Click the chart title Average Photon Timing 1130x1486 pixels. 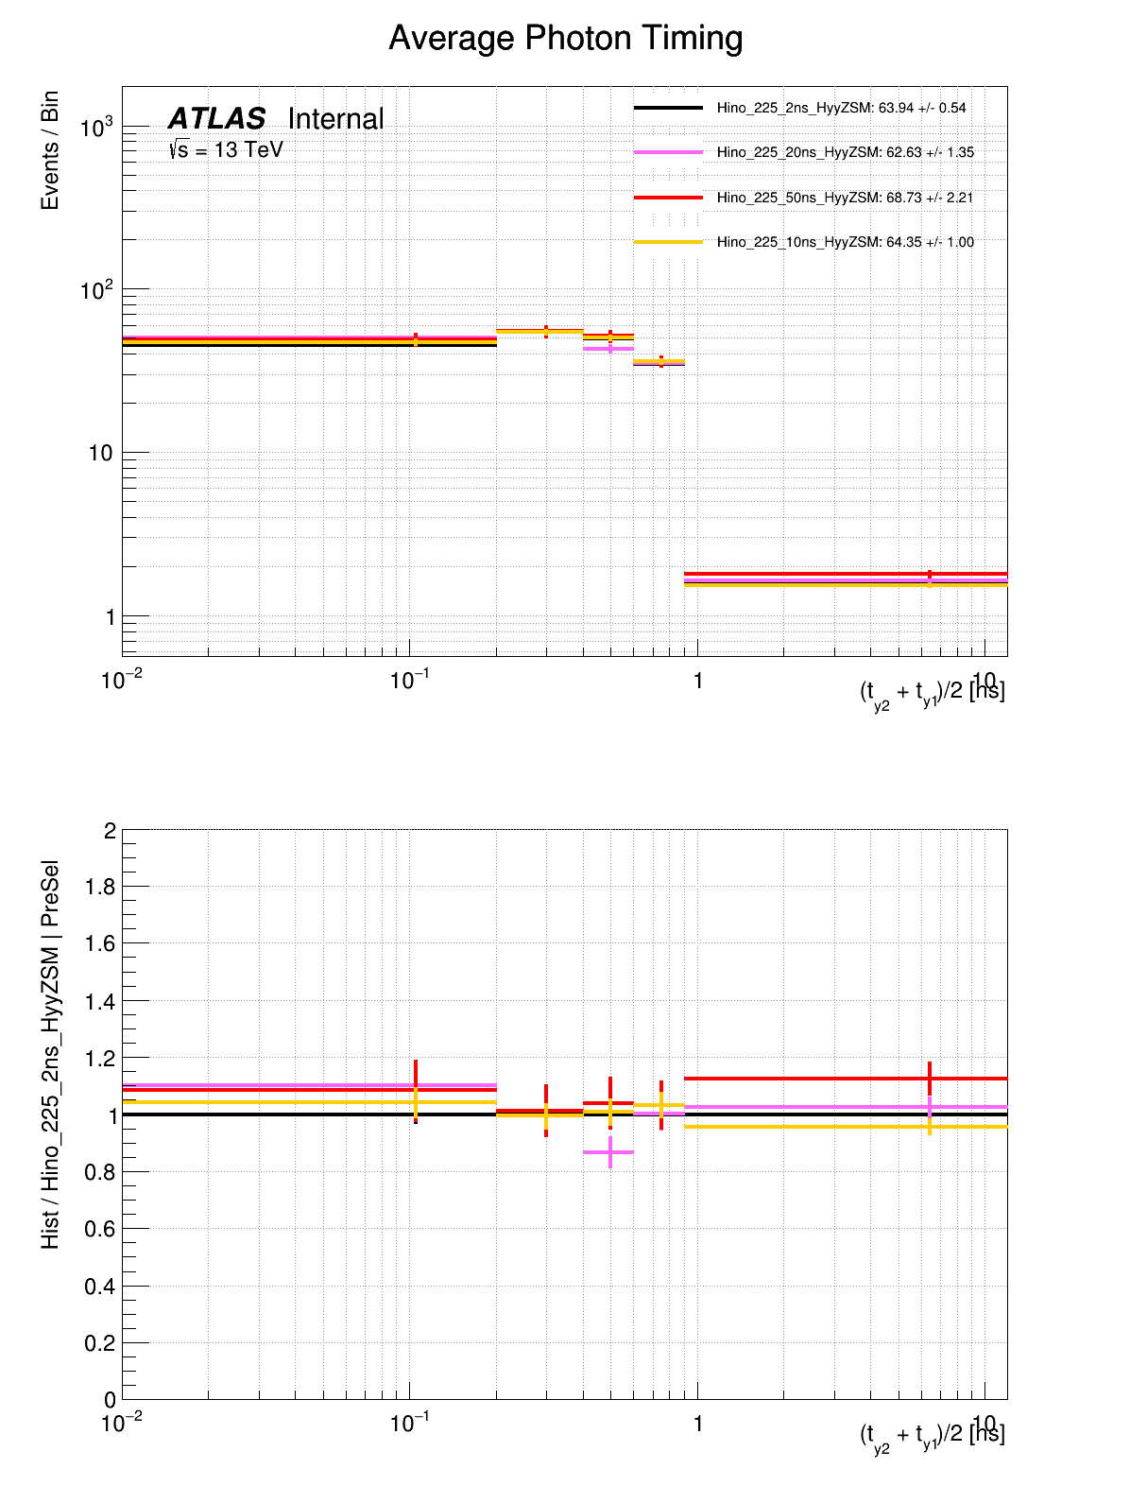click(x=565, y=39)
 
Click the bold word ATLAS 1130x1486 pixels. click(x=216, y=119)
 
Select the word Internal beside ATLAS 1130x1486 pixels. click(x=335, y=119)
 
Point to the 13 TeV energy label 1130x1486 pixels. click(x=227, y=149)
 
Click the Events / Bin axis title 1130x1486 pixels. click(x=50, y=150)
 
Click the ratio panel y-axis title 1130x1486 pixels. click(x=50, y=1054)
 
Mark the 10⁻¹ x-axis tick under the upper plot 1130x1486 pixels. click(x=408, y=681)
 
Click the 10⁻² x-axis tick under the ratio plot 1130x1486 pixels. click(x=121, y=1424)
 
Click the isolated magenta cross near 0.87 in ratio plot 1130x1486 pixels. click(x=610, y=1152)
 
